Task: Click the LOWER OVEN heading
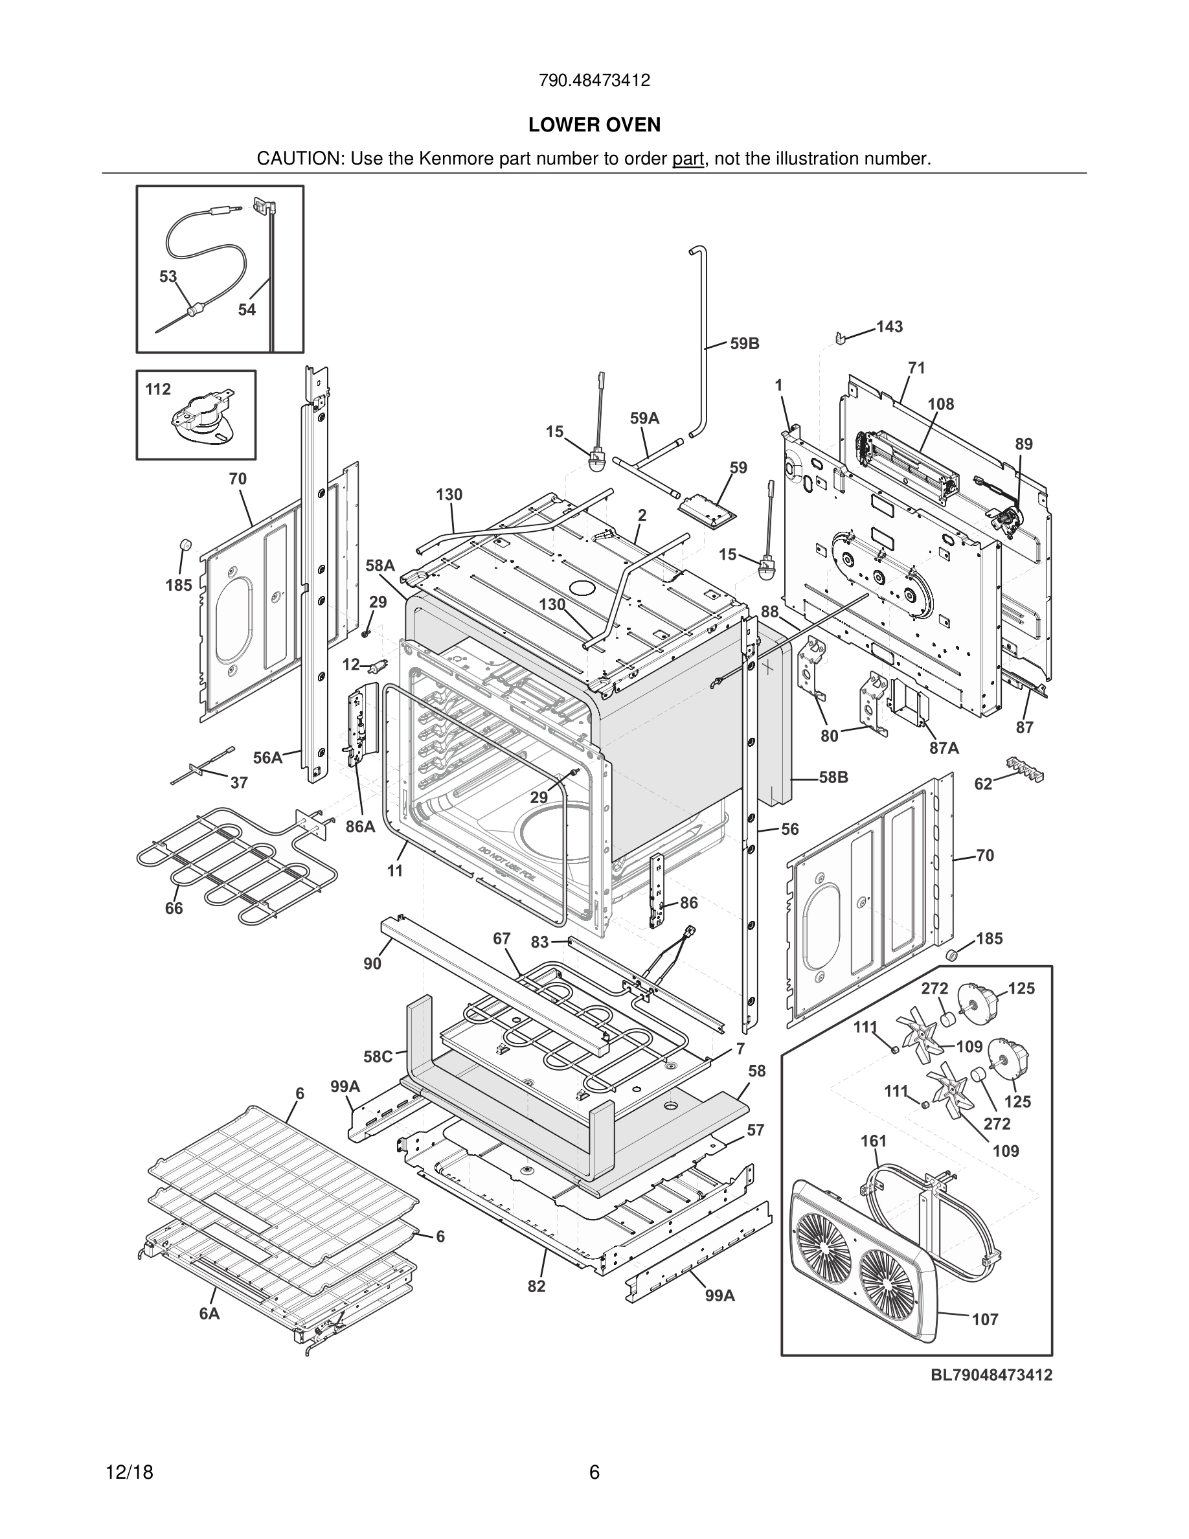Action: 594,125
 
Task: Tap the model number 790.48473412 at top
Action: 594,80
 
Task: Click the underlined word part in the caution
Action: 688,159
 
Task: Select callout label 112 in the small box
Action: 158,389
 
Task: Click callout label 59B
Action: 745,344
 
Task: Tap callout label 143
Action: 889,326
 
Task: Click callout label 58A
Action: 379,565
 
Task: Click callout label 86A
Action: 360,826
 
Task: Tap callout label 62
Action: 982,784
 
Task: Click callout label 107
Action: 985,1319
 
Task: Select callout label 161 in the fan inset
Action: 874,1140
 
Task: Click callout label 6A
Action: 209,1314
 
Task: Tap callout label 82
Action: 536,1286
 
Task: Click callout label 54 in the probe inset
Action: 247,310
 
